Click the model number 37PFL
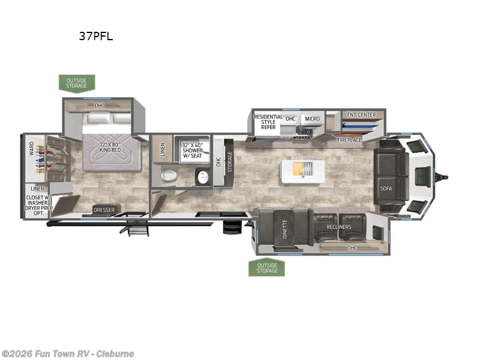95,36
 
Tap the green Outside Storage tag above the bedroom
76,83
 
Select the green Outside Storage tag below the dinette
266,268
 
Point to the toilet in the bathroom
169,176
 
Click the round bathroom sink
202,176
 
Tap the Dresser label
103,210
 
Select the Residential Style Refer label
265,122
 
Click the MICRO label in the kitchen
311,119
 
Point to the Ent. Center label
361,115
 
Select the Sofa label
385,188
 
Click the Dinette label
285,229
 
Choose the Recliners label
339,227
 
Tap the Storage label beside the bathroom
229,161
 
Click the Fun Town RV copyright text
68,354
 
